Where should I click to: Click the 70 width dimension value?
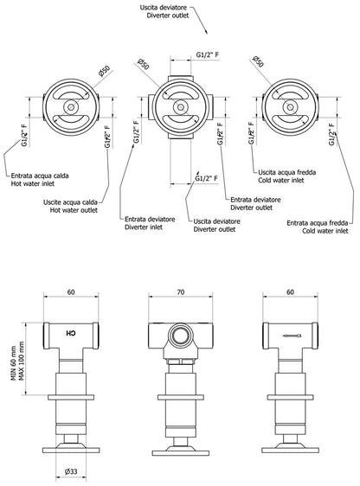[x=181, y=292]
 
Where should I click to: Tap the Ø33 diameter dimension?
[x=71, y=471]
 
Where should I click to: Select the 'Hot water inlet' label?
[x=33, y=183]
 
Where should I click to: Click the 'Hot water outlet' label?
[x=74, y=210]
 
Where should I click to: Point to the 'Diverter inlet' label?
[x=144, y=227]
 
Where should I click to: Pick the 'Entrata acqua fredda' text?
[x=318, y=223]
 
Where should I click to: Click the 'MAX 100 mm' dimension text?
[x=22, y=361]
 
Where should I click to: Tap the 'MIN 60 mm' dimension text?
[x=14, y=363]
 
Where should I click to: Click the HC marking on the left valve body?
[x=71, y=334]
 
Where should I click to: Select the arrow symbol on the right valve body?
[x=292, y=336]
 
